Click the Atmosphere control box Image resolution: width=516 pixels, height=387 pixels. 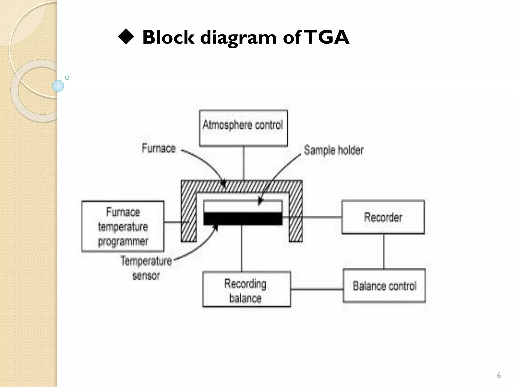[x=243, y=128]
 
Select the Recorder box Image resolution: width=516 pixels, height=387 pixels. [x=383, y=217]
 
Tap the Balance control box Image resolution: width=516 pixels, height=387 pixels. [x=384, y=286]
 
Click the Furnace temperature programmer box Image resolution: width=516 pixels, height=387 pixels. [x=123, y=226]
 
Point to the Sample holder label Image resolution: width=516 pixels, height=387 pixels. [x=334, y=150]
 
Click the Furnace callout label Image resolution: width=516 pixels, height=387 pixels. [x=158, y=148]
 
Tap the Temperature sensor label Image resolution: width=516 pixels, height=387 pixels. [x=146, y=268]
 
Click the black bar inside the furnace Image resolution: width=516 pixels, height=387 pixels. [x=243, y=218]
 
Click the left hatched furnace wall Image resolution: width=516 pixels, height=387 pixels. [x=188, y=217]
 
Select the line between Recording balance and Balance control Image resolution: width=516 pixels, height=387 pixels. [x=317, y=289]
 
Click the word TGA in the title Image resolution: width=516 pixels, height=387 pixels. [x=328, y=37]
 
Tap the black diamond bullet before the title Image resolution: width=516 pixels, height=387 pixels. [x=126, y=37]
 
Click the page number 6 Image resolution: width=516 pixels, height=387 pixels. [x=499, y=375]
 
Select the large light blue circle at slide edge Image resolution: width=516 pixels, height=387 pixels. [x=58, y=86]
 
